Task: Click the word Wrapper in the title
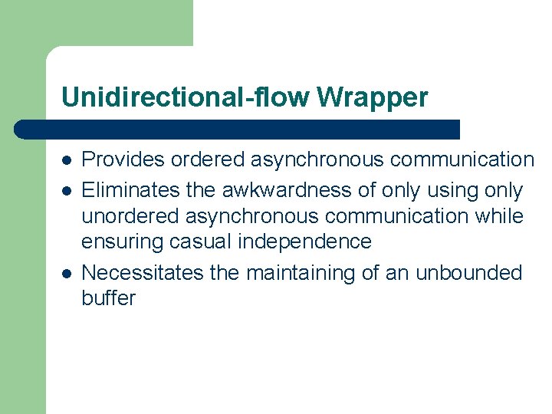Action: click(x=372, y=97)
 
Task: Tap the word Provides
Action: click(x=123, y=159)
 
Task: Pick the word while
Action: click(x=500, y=215)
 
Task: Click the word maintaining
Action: click(x=301, y=273)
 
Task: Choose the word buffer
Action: click(x=108, y=298)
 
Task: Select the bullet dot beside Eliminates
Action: click(x=67, y=191)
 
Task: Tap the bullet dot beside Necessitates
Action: click(x=67, y=274)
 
